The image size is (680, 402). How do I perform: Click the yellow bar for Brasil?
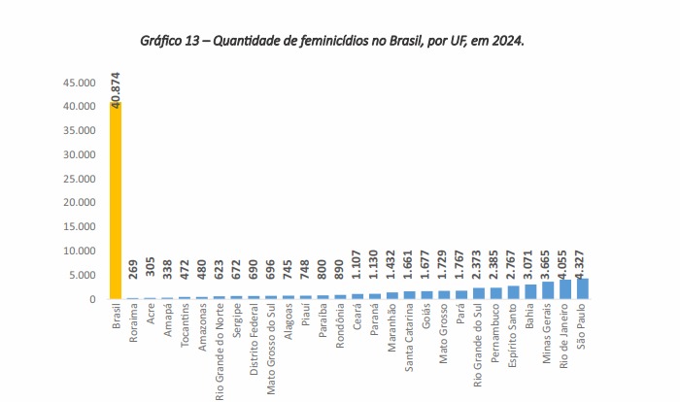click(x=116, y=200)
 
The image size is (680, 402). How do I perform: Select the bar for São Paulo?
click(x=583, y=288)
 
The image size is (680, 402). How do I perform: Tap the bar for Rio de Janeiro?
click(x=565, y=289)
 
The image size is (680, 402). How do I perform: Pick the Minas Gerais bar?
click(x=548, y=290)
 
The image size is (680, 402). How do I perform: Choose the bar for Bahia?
click(x=530, y=291)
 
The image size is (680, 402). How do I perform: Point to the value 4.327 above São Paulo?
click(x=583, y=261)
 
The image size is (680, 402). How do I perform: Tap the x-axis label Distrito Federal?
click(x=254, y=345)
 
